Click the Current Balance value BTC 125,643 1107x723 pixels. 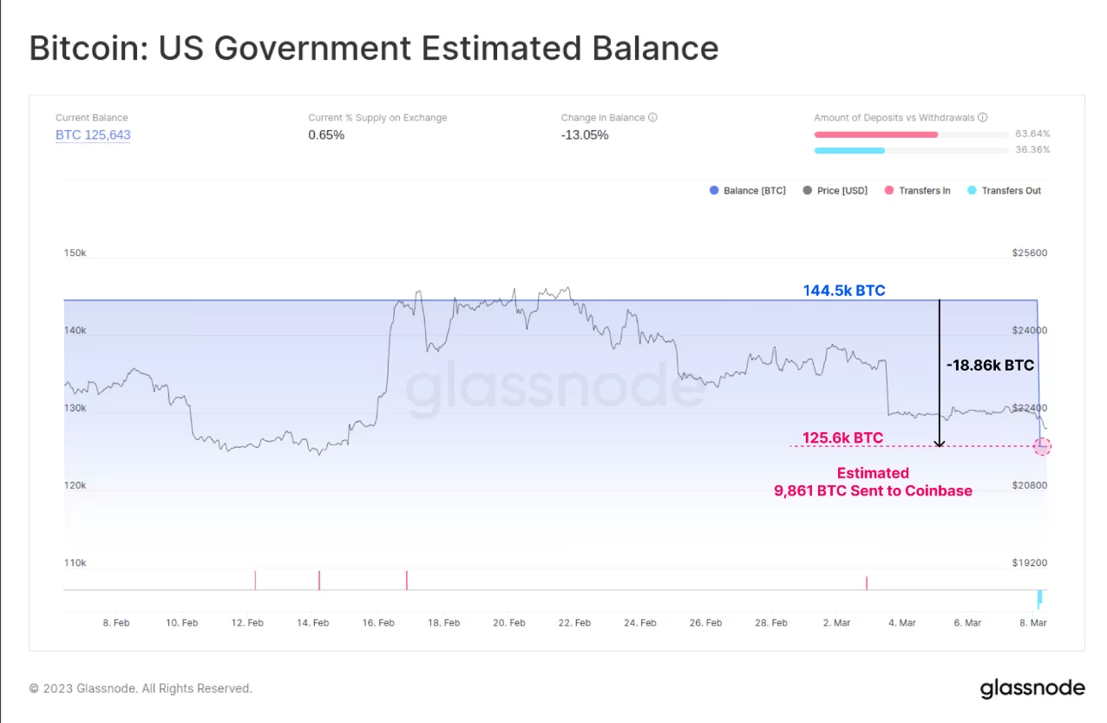93,135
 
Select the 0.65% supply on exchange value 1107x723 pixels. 326,135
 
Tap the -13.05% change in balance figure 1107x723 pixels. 585,135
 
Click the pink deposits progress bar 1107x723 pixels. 875,135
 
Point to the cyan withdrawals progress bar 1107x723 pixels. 849,150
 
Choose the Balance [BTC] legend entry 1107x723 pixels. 748,191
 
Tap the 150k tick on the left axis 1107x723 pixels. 75,253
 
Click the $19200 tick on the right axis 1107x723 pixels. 1030,562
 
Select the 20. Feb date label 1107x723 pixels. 509,622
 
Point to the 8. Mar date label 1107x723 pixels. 1032,622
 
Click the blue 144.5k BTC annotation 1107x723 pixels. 844,291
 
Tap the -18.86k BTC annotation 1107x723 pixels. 990,365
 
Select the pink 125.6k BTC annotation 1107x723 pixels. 842,438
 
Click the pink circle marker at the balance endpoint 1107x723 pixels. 1042,446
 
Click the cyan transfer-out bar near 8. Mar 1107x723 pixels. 1038,598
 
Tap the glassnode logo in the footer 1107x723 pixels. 1032,688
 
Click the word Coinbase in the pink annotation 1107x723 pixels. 939,490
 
